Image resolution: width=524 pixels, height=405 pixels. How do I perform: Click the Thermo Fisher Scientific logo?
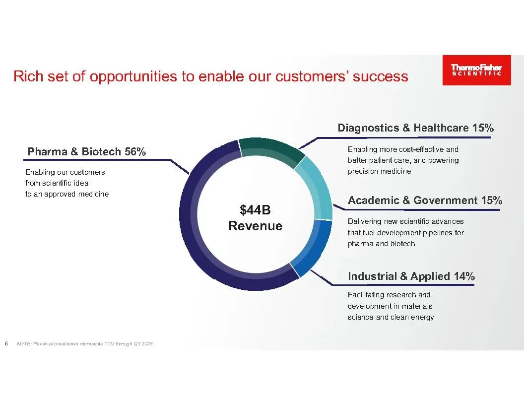coord(476,70)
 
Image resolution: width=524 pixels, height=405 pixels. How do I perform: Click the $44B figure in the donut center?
coord(256,210)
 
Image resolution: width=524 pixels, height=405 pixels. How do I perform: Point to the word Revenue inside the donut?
coord(256,226)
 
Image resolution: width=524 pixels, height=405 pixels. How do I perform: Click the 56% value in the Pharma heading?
coord(135,152)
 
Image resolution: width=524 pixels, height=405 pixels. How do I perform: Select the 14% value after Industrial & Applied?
coord(464,276)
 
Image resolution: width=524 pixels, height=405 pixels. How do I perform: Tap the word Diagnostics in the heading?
coord(368,128)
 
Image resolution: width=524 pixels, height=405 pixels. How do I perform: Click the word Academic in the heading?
coord(374,201)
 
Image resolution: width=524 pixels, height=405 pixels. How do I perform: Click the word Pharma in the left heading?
coord(48,152)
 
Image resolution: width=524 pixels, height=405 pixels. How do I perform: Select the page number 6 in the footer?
coord(6,343)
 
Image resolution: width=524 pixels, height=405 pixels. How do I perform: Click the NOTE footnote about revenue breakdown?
coord(84,343)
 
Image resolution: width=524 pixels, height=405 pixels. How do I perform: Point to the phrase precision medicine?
coord(379,171)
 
